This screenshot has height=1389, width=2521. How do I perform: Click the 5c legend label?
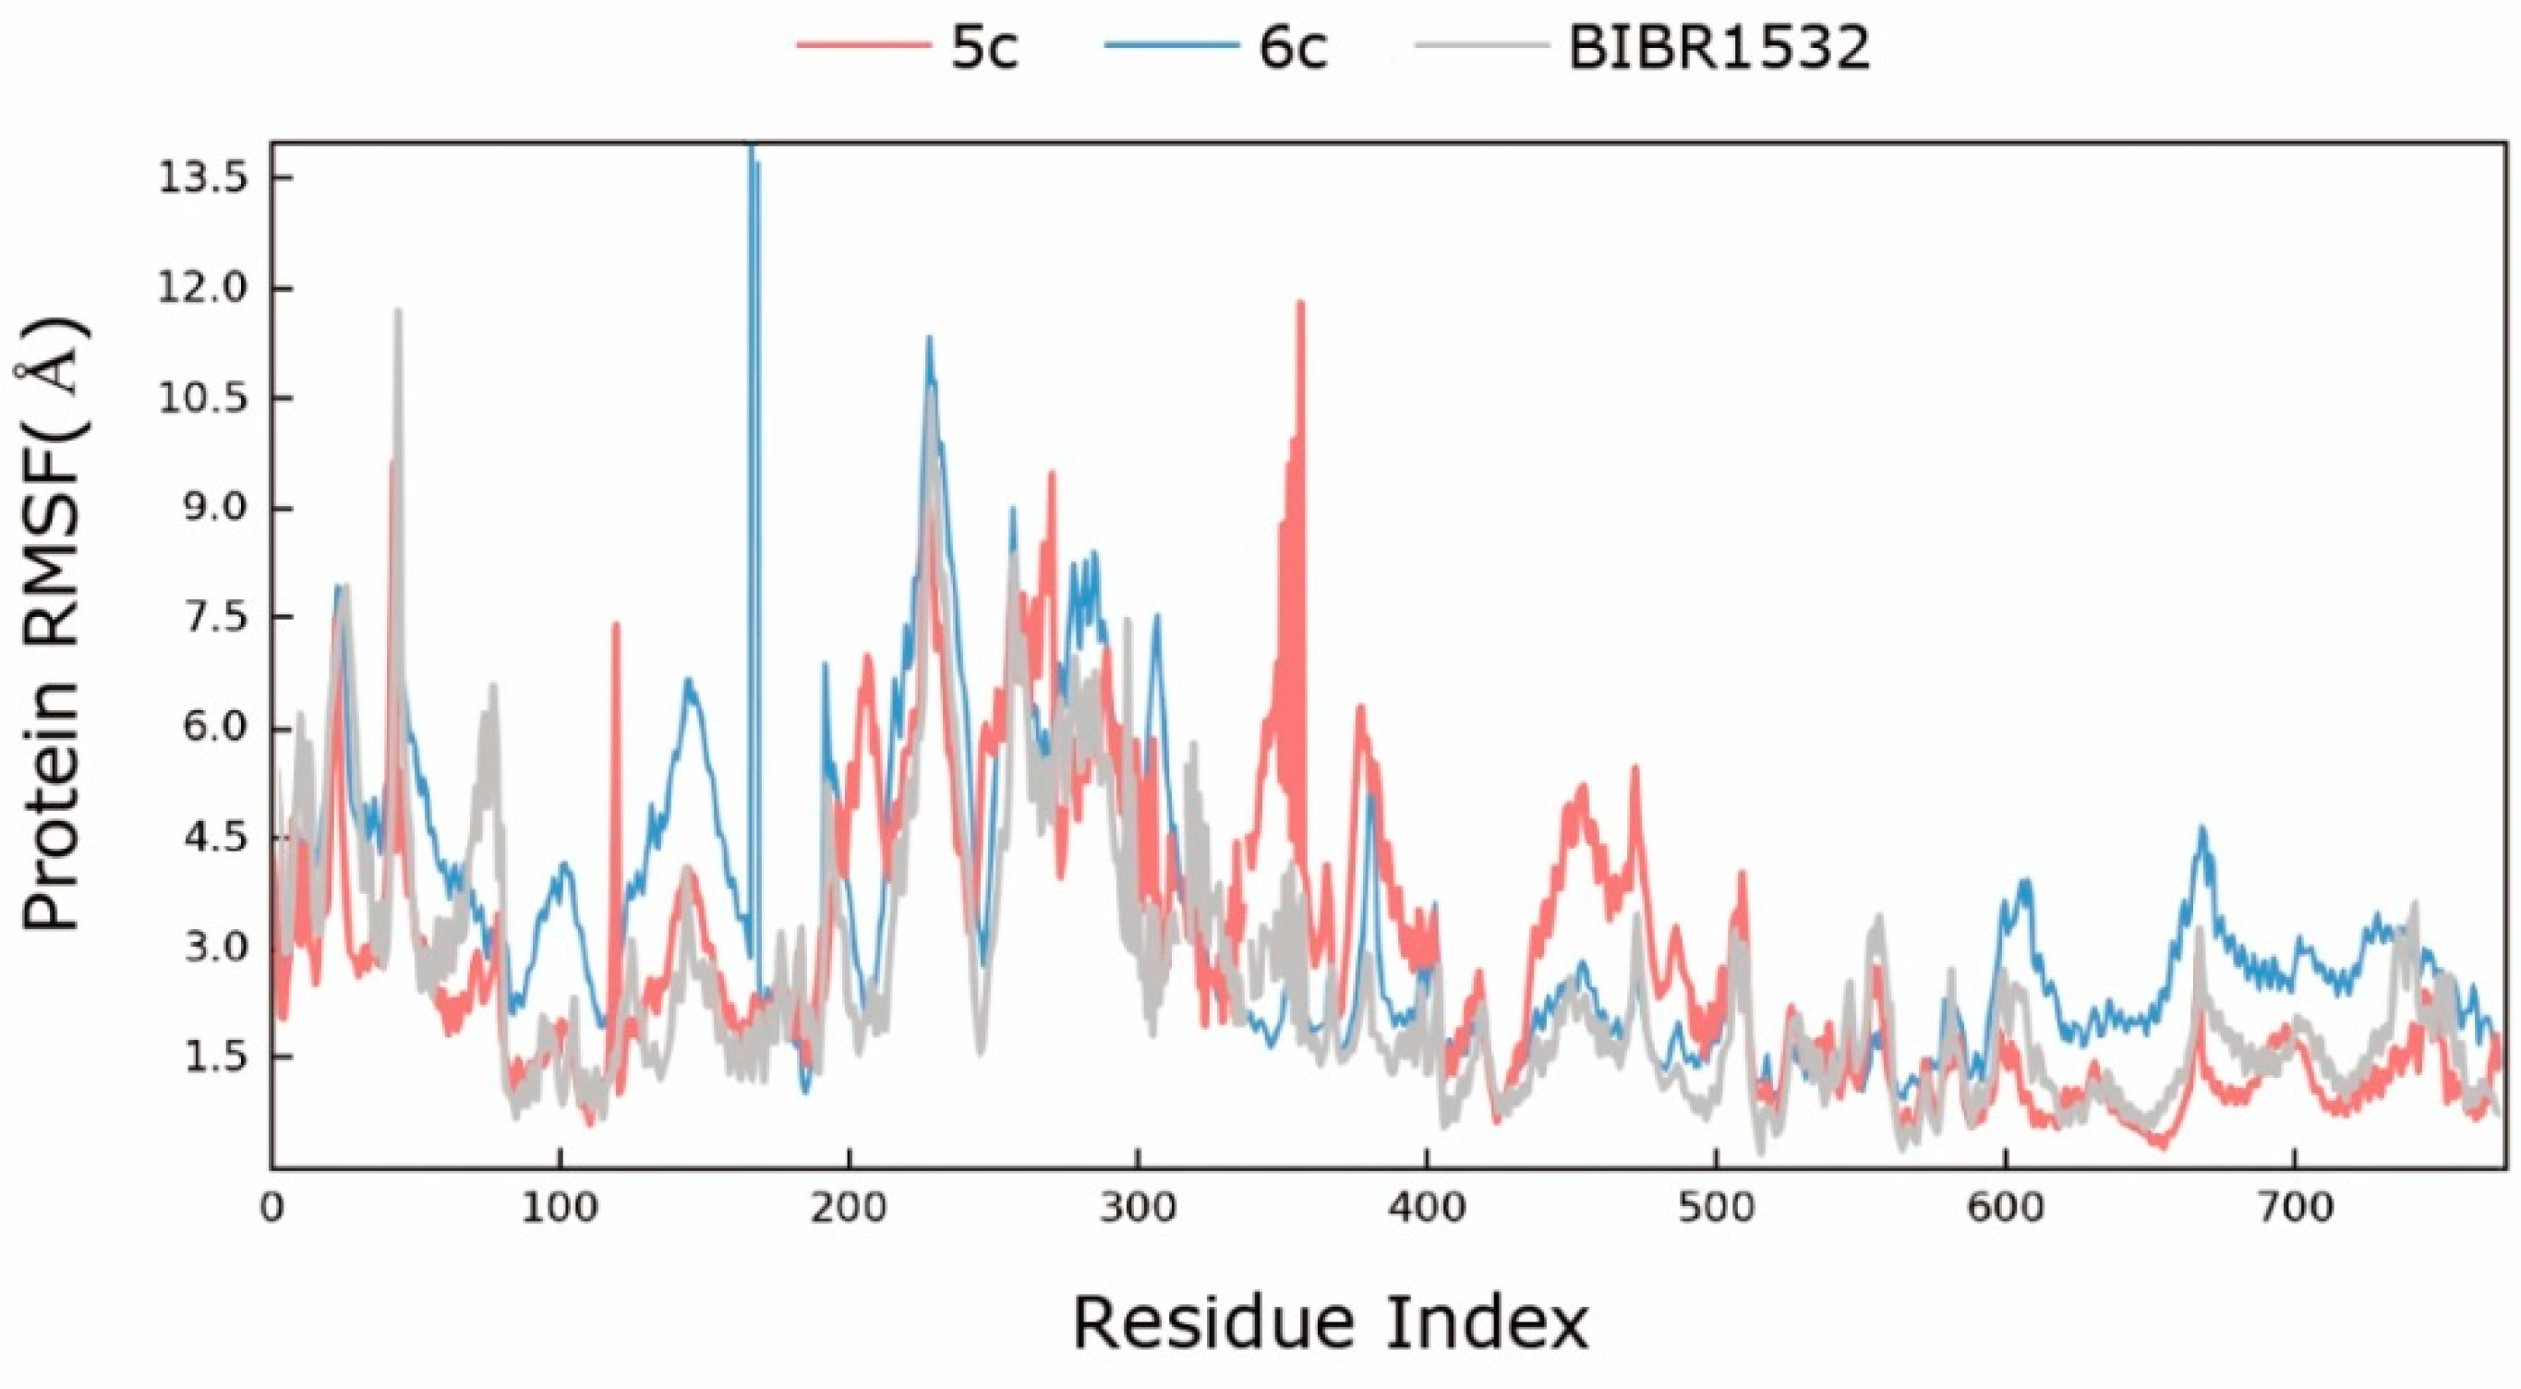coord(984,46)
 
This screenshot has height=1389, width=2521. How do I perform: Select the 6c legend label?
coord(1293,46)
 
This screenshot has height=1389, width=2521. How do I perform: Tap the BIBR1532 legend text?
coord(1719,46)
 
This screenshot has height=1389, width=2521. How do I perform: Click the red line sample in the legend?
coord(862,46)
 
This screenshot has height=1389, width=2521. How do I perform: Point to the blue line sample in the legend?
coord(1168,46)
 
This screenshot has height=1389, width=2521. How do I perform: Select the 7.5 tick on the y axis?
coord(203,619)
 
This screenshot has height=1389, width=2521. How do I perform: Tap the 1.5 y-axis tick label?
coord(203,1058)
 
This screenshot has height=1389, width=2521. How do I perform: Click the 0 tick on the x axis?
coord(271,1208)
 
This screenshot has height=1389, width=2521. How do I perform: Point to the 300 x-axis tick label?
coord(1137,1208)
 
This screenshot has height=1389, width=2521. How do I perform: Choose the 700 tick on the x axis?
coord(2294,1208)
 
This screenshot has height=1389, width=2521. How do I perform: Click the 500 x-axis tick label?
coord(1716,1208)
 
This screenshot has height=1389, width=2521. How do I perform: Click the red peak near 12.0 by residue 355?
coord(1300,306)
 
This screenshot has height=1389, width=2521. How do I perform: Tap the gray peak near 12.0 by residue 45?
coord(397,313)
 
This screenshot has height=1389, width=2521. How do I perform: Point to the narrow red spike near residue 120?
coord(616,626)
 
